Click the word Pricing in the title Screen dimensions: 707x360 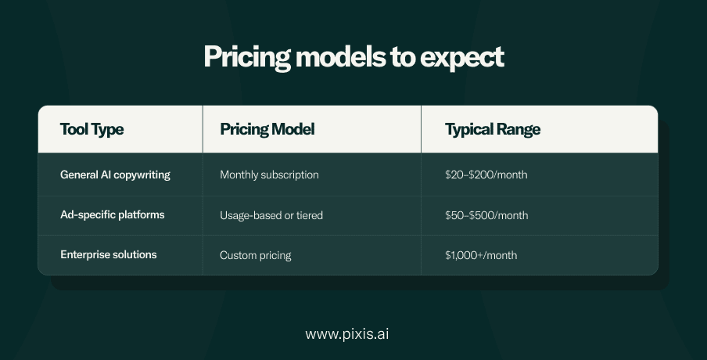[247, 58]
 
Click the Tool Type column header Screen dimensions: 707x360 [92, 129]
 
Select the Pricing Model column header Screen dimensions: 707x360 [267, 129]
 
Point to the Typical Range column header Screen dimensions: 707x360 [493, 129]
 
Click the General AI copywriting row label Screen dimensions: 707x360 [116, 175]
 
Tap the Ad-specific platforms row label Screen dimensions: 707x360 [113, 214]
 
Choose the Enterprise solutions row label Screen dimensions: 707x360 [109, 254]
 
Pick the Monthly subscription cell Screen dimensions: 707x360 [269, 175]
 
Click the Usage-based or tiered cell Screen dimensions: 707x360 [271, 216]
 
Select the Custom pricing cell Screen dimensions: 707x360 [256, 255]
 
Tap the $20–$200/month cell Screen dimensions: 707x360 [486, 175]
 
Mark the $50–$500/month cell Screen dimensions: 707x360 [486, 216]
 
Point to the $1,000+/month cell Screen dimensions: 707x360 [481, 255]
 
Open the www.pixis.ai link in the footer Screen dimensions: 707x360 [346, 334]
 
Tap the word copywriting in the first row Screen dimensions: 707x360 [142, 175]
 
